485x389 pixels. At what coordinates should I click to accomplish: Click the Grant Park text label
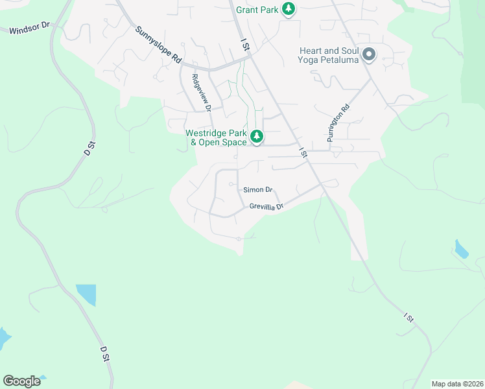coord(257,10)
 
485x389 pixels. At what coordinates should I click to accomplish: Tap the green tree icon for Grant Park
coord(289,9)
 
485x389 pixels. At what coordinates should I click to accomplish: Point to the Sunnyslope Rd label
coord(158,44)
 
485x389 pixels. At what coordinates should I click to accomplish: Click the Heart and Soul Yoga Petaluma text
coord(329,55)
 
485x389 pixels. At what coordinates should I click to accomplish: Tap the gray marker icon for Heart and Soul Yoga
coord(369,54)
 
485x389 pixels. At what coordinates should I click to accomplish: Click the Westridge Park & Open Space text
coord(216,137)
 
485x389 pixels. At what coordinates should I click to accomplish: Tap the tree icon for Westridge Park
coord(257,137)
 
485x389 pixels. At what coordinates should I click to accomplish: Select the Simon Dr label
coord(257,190)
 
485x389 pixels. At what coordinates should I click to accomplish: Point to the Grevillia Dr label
coord(266,207)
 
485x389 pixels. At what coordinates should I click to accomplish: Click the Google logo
coord(22,381)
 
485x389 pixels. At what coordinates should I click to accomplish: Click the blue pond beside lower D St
coord(86,294)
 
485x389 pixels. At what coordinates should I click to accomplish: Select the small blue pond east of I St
coord(461,249)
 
